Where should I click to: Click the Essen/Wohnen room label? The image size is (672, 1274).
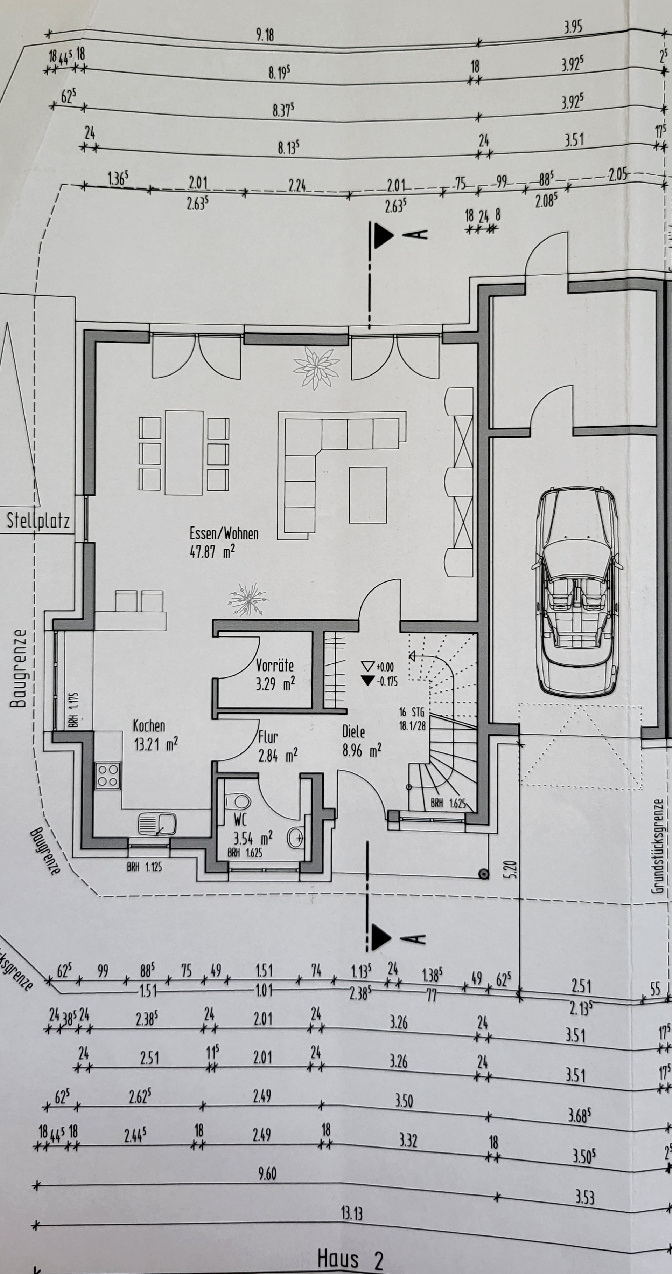(224, 533)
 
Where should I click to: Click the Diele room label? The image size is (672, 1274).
(354, 731)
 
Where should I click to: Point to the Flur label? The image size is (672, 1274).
(268, 737)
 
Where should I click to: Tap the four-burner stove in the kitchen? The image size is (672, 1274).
(108, 776)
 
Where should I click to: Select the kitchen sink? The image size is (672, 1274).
(157, 824)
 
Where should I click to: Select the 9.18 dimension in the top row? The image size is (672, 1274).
(265, 35)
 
